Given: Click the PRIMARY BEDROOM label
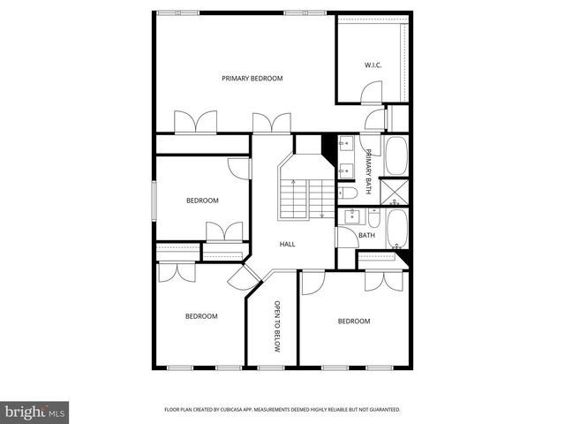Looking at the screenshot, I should [252, 79].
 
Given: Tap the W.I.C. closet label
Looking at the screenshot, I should [372, 65].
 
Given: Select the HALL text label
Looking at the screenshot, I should [287, 245].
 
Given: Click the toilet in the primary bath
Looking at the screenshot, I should [347, 192].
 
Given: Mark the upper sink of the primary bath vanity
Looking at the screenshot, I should [345, 144].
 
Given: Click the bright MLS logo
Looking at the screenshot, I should [35, 411].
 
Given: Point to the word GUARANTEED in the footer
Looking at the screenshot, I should [381, 410].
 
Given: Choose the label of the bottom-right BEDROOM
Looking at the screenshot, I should [354, 322].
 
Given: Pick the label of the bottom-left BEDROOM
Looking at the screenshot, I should [200, 316].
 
